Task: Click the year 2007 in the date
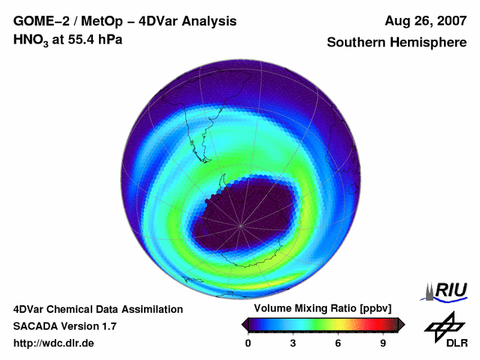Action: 448,21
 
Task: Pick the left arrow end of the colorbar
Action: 244,324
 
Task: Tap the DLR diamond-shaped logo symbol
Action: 442,325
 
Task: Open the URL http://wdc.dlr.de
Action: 54,343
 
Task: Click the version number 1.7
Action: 107,326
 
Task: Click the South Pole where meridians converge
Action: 240,224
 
